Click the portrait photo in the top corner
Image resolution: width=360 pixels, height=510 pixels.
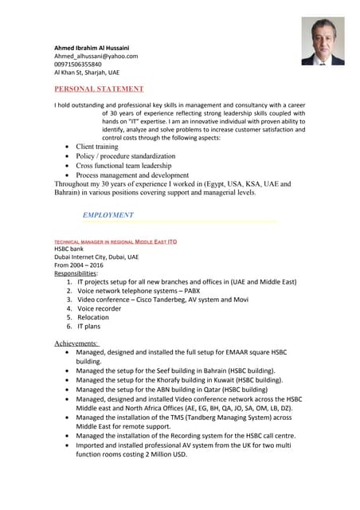(x=323, y=41)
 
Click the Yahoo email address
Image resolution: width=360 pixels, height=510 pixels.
(x=96, y=57)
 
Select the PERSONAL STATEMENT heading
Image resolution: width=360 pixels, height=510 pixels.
(x=99, y=88)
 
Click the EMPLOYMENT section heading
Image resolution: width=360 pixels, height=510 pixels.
(x=108, y=215)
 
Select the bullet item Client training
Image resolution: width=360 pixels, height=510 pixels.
(x=97, y=147)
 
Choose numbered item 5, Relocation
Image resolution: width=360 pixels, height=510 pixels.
(x=93, y=317)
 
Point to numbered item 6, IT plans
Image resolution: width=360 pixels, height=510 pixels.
(x=89, y=327)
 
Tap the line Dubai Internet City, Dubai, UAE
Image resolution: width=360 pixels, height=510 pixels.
(x=96, y=257)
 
